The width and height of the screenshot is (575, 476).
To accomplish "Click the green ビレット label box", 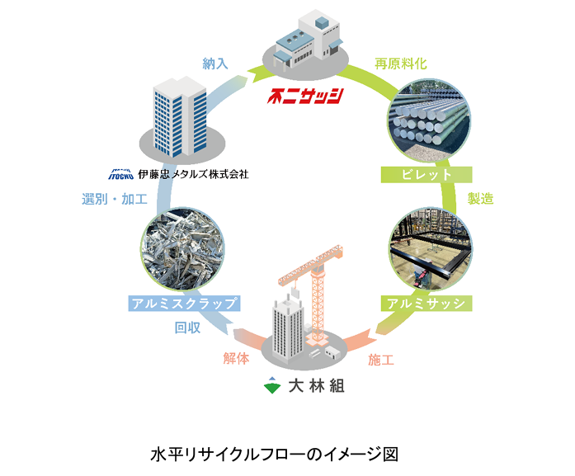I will [427, 175].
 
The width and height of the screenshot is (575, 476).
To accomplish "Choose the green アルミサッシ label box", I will [426, 304].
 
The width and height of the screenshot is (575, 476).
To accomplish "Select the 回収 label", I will [188, 328].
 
